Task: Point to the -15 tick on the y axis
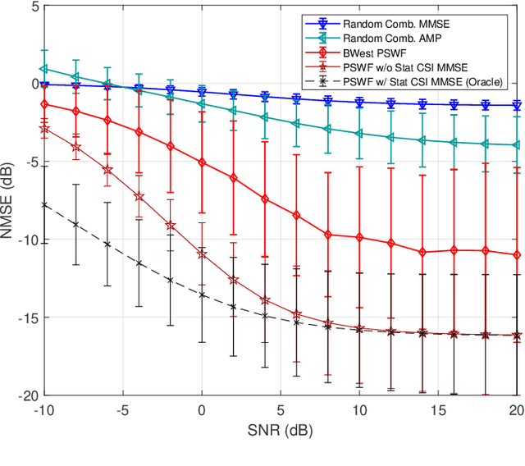pos(23,318)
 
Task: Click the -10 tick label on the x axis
pos(43,409)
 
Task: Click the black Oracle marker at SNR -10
pos(44,204)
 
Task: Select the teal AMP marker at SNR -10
pos(44,70)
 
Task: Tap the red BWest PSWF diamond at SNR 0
pos(202,162)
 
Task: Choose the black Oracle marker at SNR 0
pos(202,295)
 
